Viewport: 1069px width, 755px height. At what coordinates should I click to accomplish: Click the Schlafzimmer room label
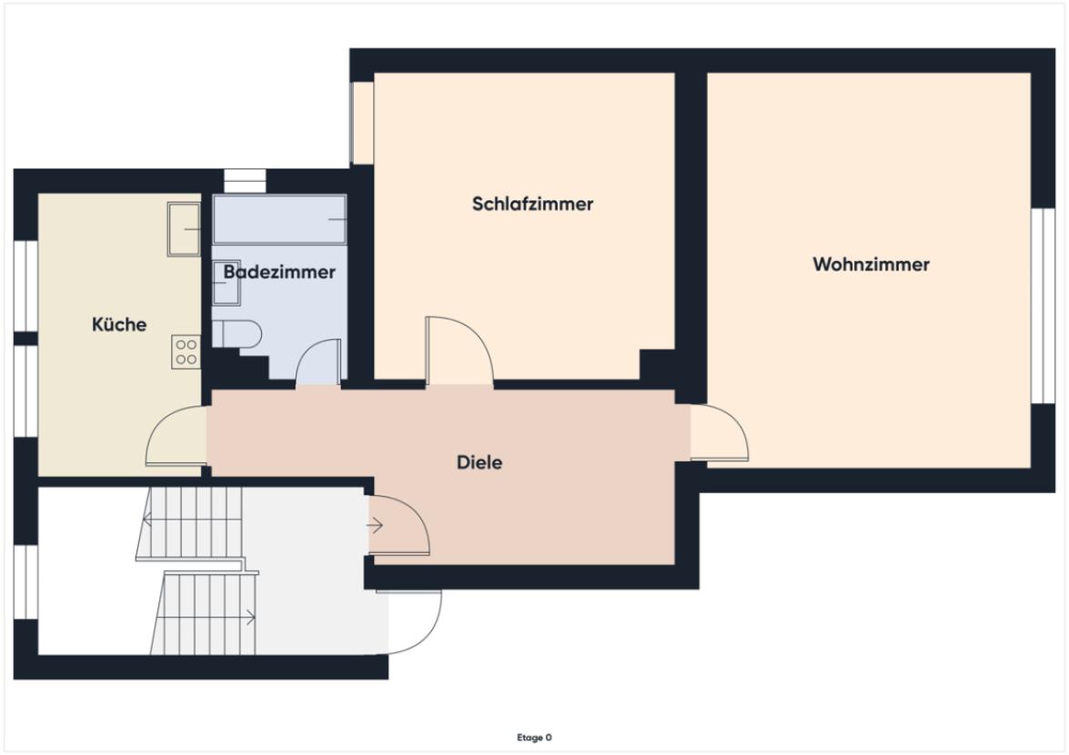[x=532, y=204]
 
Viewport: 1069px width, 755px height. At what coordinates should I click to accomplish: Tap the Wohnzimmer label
[x=871, y=265]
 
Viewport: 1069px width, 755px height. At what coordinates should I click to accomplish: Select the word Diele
[x=479, y=462]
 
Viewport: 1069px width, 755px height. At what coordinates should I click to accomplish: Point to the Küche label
[x=119, y=325]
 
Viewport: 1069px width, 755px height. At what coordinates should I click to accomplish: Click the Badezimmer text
[x=279, y=272]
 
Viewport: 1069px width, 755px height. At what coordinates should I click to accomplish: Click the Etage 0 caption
[x=534, y=738]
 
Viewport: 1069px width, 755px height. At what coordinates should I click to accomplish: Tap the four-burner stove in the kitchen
[x=186, y=352]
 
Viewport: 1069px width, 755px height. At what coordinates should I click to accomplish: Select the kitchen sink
[x=184, y=228]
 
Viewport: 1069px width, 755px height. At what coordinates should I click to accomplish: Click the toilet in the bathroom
[x=237, y=333]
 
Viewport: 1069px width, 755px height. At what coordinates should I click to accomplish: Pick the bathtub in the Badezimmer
[x=279, y=219]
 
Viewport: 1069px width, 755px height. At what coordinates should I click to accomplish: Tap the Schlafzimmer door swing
[x=458, y=351]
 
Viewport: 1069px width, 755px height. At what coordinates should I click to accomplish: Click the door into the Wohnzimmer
[x=719, y=433]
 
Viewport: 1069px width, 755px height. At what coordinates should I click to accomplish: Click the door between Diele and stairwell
[x=398, y=524]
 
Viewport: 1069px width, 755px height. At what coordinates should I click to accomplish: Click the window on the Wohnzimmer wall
[x=1036, y=305]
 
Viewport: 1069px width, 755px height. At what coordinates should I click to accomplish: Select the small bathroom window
[x=243, y=179]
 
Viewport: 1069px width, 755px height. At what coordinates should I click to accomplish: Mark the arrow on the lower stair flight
[x=249, y=619]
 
